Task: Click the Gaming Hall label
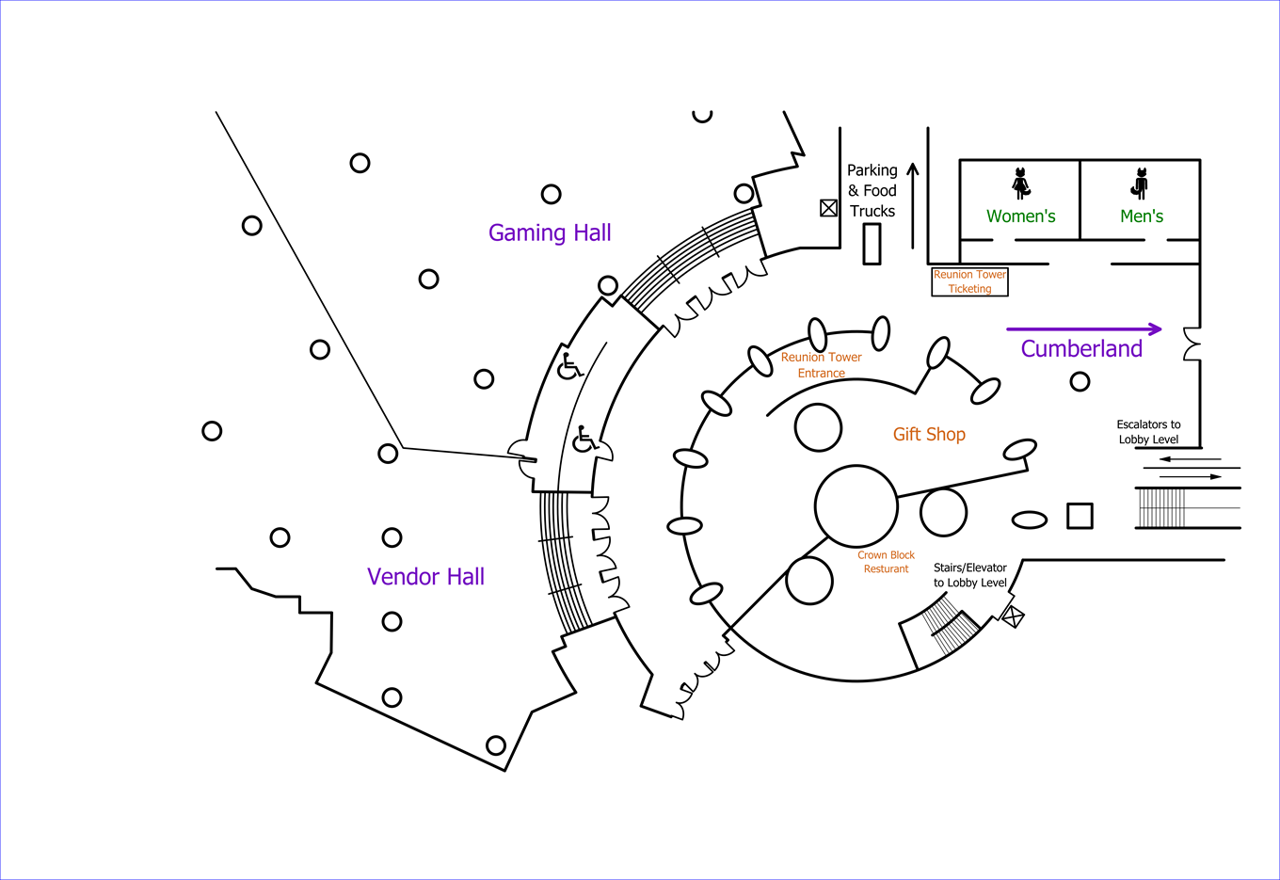coord(550,232)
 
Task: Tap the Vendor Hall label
coord(425,577)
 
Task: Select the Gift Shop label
coord(929,434)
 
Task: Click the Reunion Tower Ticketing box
coord(969,281)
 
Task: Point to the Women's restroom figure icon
coord(1021,183)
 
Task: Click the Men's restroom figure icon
coord(1141,183)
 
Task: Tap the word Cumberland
coord(1081,349)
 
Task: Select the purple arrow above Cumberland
coord(1083,329)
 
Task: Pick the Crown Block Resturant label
coord(886,562)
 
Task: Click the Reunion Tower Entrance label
coord(821,365)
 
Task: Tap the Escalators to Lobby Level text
coord(1148,432)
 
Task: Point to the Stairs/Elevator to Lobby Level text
coord(969,575)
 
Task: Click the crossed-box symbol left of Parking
coord(828,208)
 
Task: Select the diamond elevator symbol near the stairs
coord(1012,617)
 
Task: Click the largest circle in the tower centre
coord(856,506)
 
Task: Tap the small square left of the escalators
coord(1080,516)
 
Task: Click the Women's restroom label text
coord(1020,216)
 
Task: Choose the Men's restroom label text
coord(1141,216)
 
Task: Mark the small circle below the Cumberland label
coord(1080,381)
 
